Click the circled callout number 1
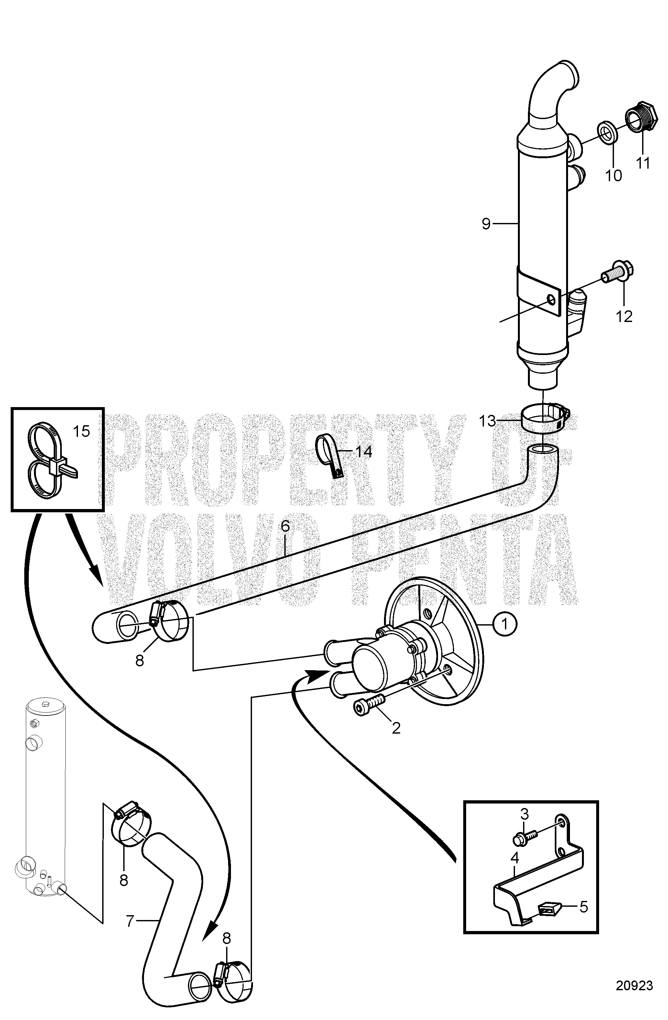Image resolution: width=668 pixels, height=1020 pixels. (x=505, y=625)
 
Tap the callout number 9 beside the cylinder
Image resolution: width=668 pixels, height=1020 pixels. (x=486, y=223)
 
